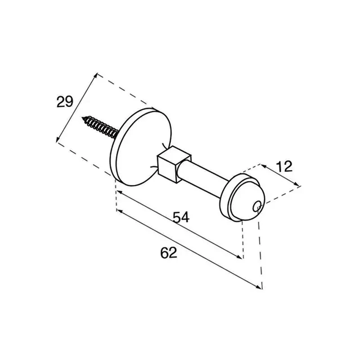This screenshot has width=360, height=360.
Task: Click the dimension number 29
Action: coord(65,102)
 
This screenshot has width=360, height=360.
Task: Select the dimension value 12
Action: coord(284,166)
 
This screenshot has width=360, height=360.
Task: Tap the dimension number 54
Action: coord(181,217)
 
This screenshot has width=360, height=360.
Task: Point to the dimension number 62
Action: coord(169,252)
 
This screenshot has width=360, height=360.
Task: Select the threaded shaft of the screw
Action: coord(100,127)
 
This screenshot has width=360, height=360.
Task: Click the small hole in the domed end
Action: coord(256,207)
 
